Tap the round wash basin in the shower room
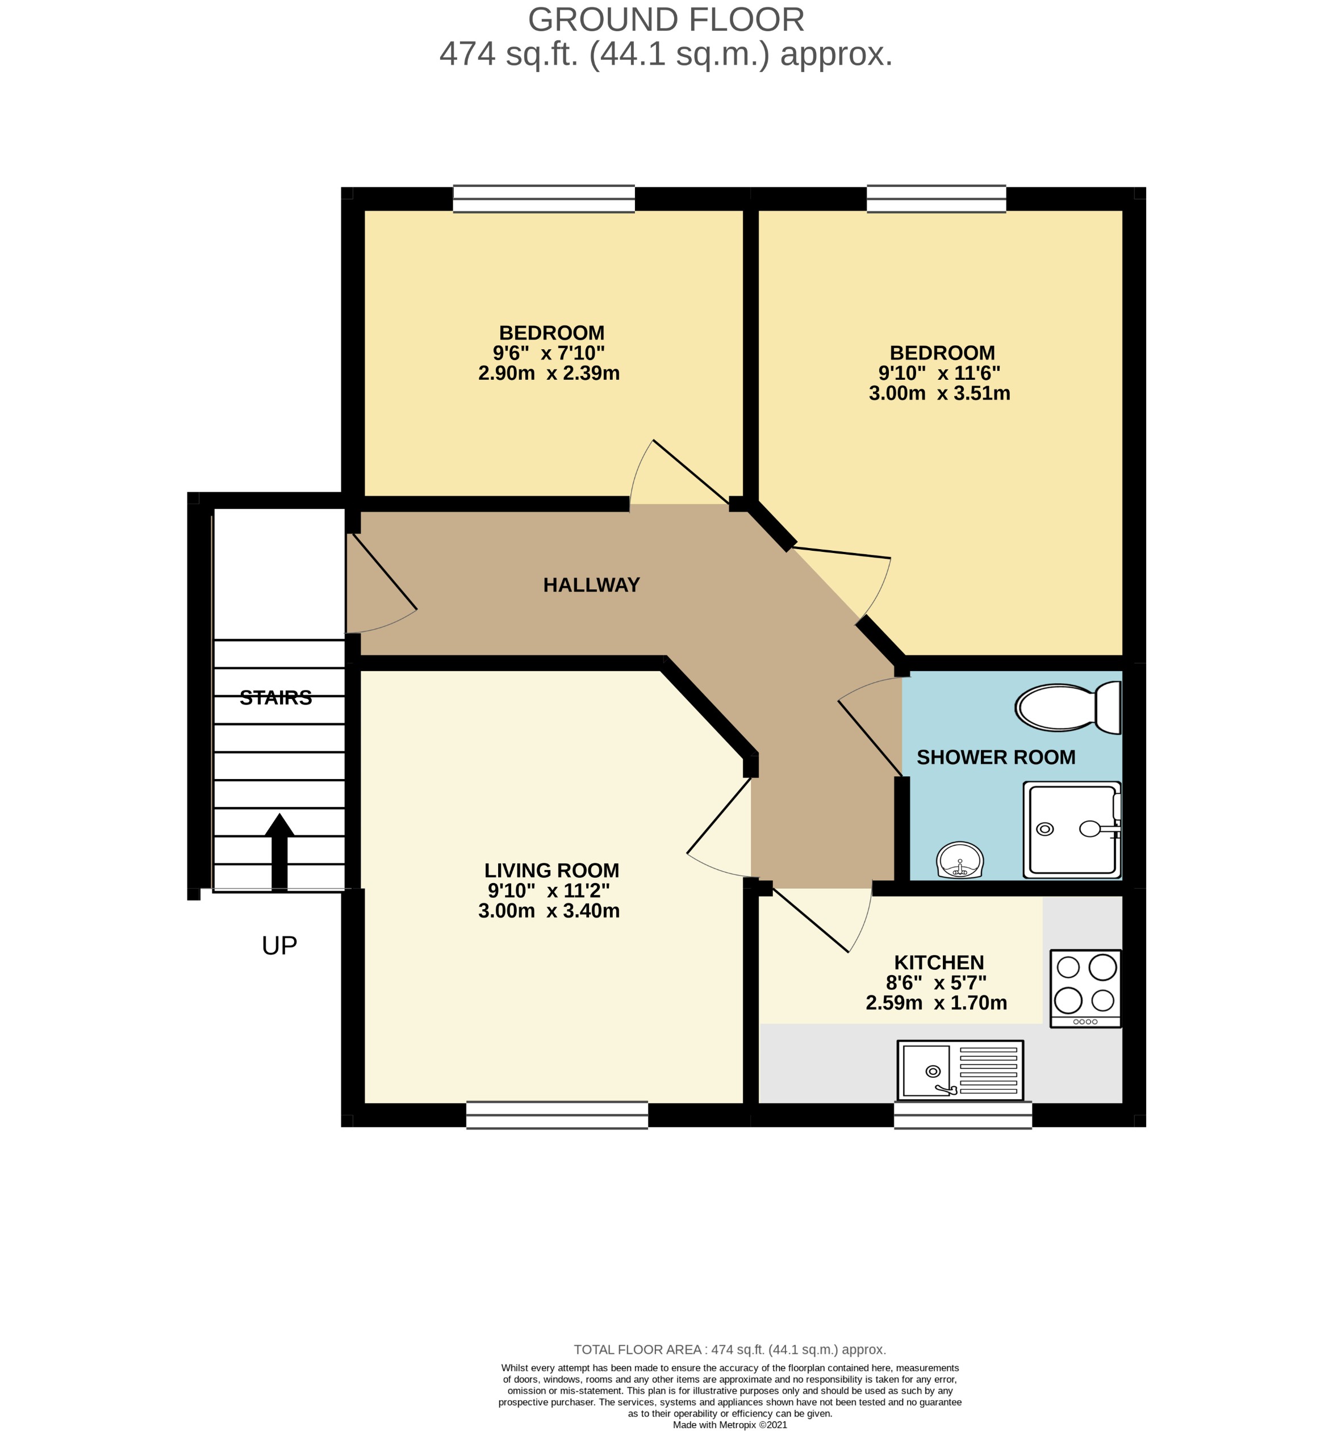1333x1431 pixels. [x=959, y=860]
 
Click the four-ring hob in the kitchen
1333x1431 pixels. [x=1085, y=988]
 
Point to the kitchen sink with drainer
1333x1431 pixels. [x=959, y=1070]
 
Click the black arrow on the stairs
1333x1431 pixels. [x=279, y=851]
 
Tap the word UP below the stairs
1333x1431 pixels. [x=279, y=945]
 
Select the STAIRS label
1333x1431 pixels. [x=275, y=697]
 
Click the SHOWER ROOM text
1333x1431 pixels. [x=996, y=758]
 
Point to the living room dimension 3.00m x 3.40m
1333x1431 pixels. [x=549, y=911]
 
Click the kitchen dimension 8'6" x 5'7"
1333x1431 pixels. [x=935, y=982]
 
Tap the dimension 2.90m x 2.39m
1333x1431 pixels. [x=549, y=373]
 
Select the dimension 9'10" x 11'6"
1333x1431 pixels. [x=939, y=373]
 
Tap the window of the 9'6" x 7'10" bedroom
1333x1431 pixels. [x=544, y=199]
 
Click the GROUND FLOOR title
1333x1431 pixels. [x=666, y=19]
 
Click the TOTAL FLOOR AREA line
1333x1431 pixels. [x=729, y=1350]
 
